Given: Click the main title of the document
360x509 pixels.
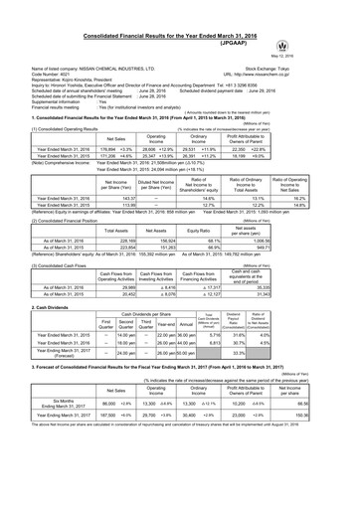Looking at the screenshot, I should (180, 8).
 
